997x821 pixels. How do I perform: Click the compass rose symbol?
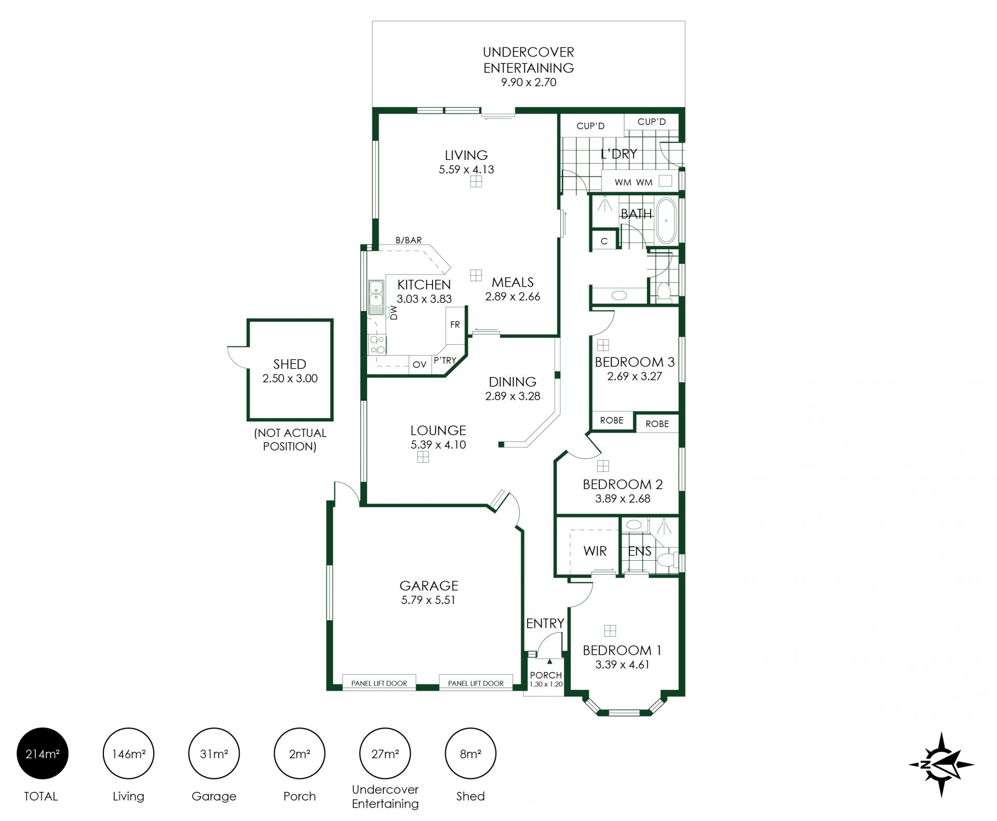pos(941,764)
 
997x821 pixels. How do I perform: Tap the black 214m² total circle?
pos(43,753)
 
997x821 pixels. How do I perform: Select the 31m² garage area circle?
pos(214,753)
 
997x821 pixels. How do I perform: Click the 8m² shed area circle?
pos(470,753)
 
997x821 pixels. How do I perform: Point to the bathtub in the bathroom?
pos(665,220)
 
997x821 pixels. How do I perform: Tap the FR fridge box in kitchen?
pos(455,325)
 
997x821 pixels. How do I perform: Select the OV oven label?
pos(420,365)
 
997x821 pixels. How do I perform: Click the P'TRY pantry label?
pos(445,360)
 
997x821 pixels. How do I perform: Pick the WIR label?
pos(595,551)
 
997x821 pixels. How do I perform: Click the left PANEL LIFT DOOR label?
pos(379,683)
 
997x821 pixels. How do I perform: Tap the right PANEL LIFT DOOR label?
pos(476,683)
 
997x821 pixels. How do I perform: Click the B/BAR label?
pos(409,240)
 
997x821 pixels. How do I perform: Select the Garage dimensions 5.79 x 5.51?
pos(428,600)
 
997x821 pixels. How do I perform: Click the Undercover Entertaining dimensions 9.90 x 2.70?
pos(529,82)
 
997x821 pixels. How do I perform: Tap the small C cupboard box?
pos(604,241)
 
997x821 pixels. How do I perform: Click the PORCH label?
pos(546,675)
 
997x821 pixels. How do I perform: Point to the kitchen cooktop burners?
pos(376,344)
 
